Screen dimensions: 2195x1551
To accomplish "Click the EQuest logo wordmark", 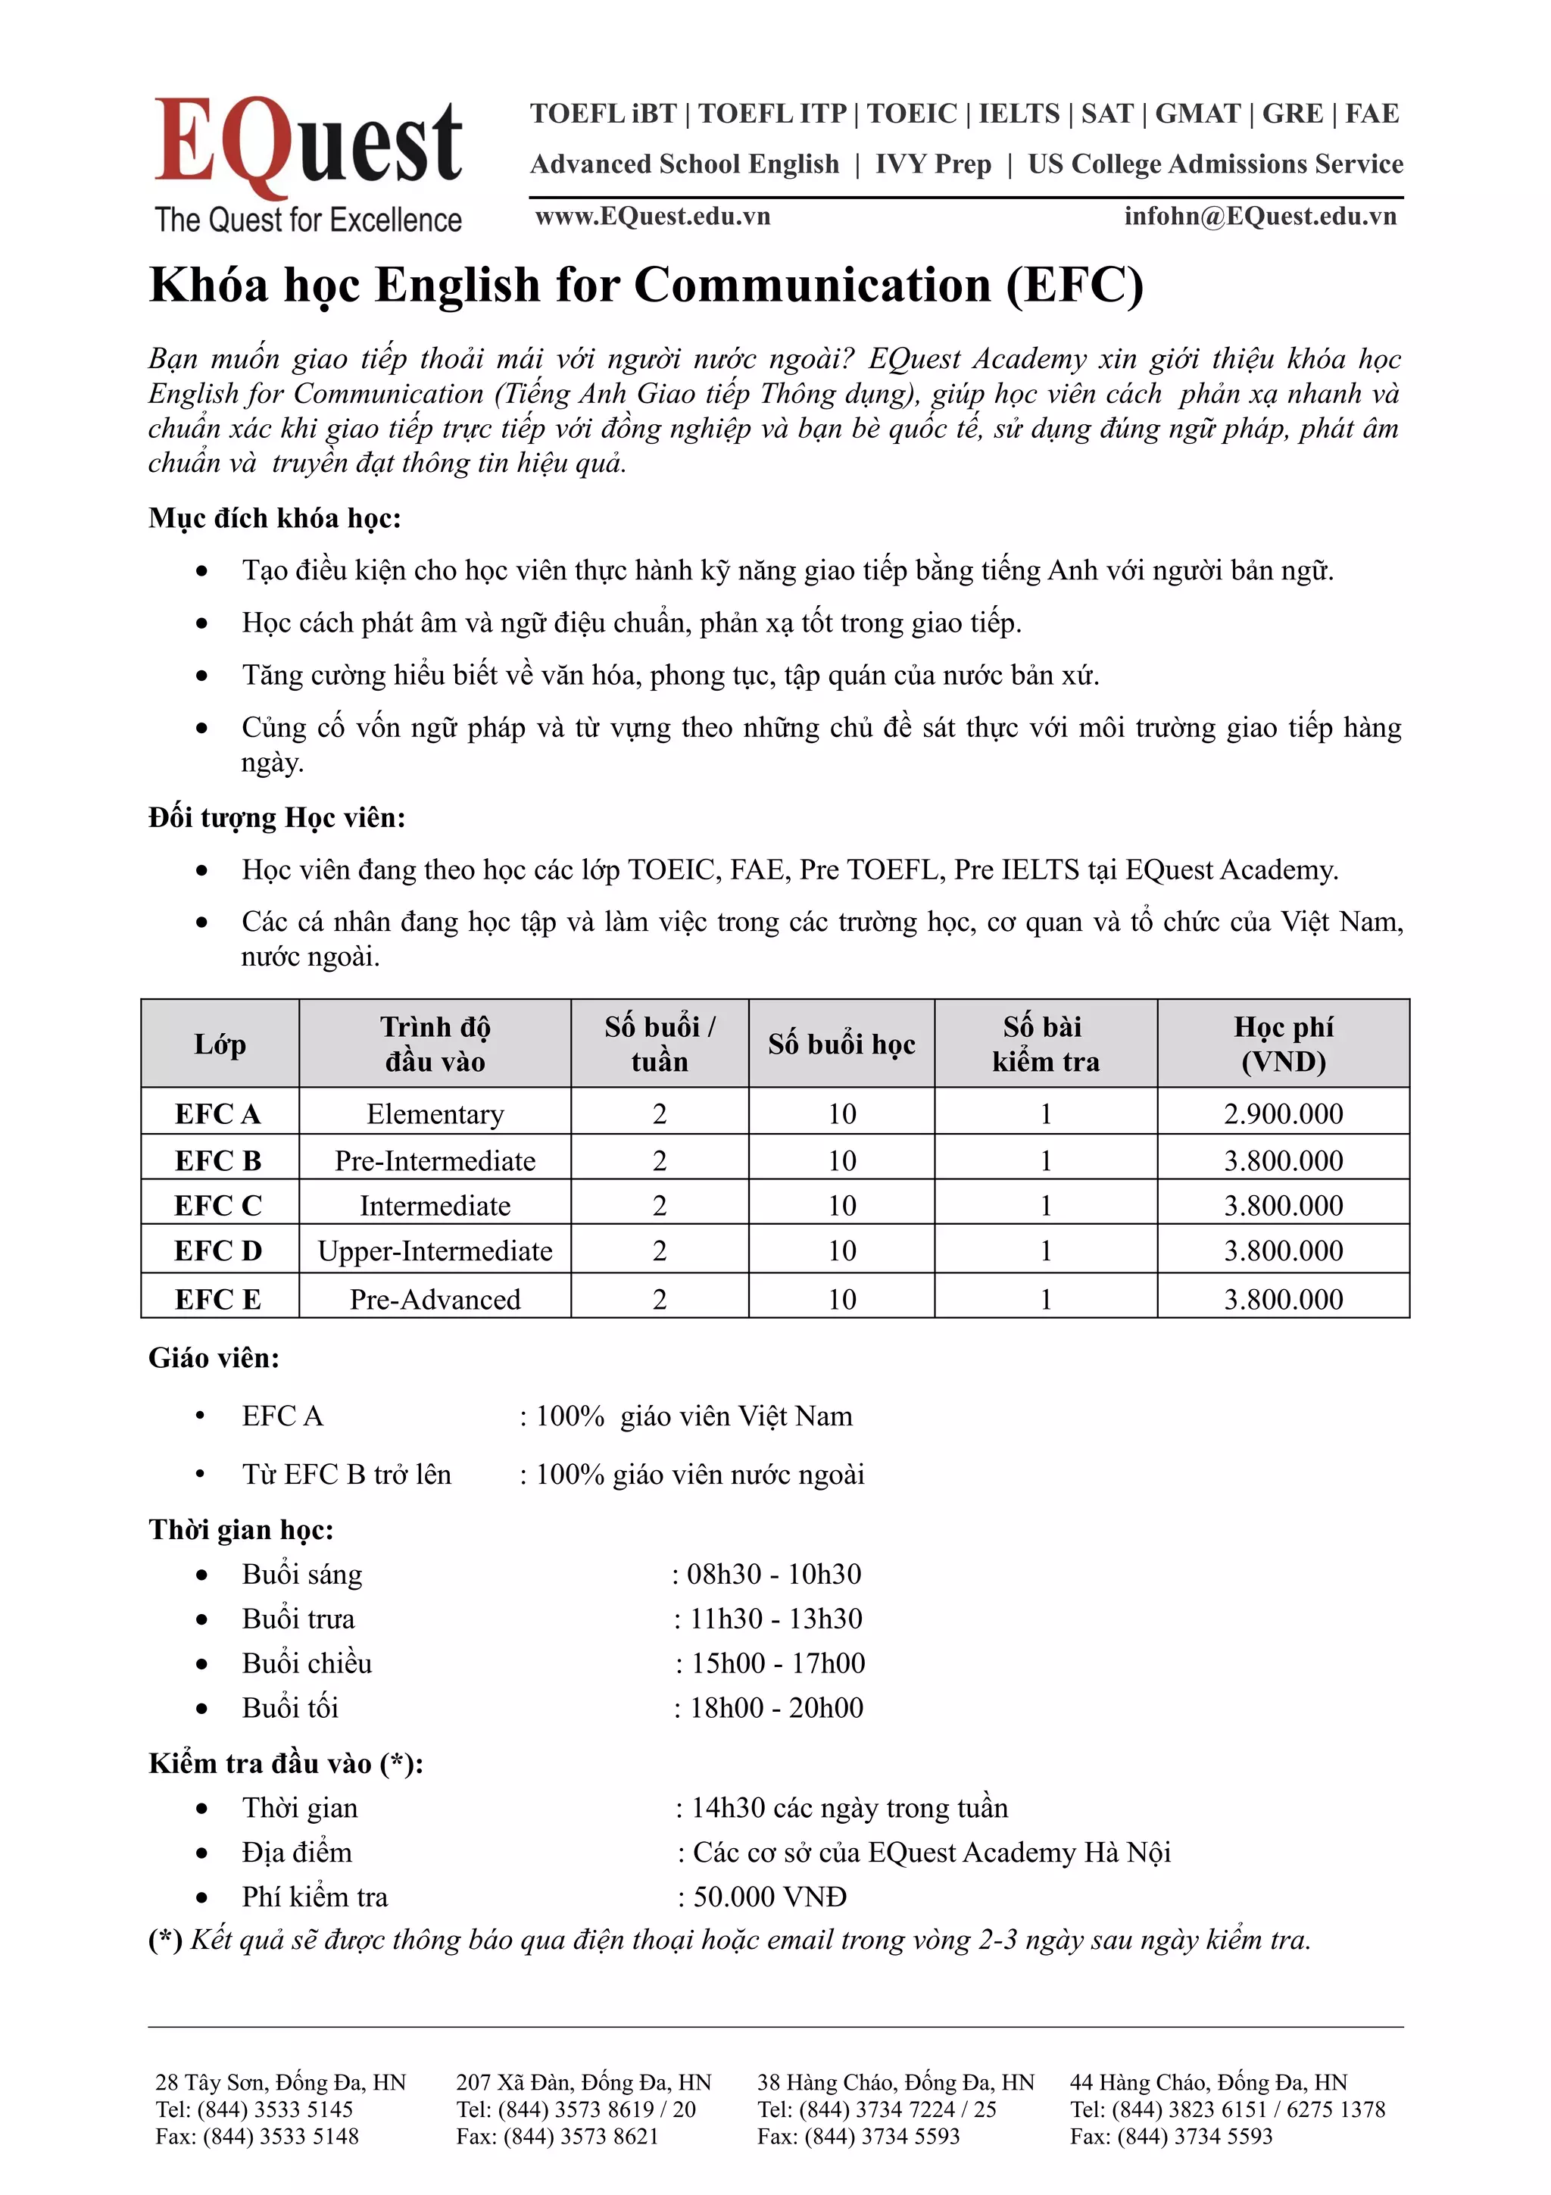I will pyautogui.click(x=307, y=143).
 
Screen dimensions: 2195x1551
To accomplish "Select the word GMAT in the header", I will pyautogui.click(x=1197, y=114).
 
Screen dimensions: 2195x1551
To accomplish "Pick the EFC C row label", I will pyautogui.click(x=218, y=1206).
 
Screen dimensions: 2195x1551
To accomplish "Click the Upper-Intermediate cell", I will pyautogui.click(x=435, y=1250).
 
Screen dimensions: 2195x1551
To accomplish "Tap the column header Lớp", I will pyautogui.click(x=220, y=1044).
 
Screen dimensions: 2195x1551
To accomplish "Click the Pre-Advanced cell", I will pyautogui.click(x=435, y=1299).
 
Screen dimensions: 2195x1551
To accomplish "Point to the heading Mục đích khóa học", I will pyautogui.click(x=275, y=518).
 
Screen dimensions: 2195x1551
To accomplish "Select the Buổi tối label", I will pyautogui.click(x=289, y=1707).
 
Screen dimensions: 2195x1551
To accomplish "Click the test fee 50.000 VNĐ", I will pyautogui.click(x=769, y=1897).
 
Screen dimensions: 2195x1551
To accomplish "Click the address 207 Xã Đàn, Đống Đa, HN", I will pyautogui.click(x=584, y=2081).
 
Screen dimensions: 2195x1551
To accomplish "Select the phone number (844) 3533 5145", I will pyautogui.click(x=275, y=2108).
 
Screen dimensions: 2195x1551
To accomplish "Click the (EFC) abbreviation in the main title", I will pyautogui.click(x=1073, y=285).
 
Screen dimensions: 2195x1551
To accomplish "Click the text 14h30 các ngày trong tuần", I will pyautogui.click(x=849, y=1808).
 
